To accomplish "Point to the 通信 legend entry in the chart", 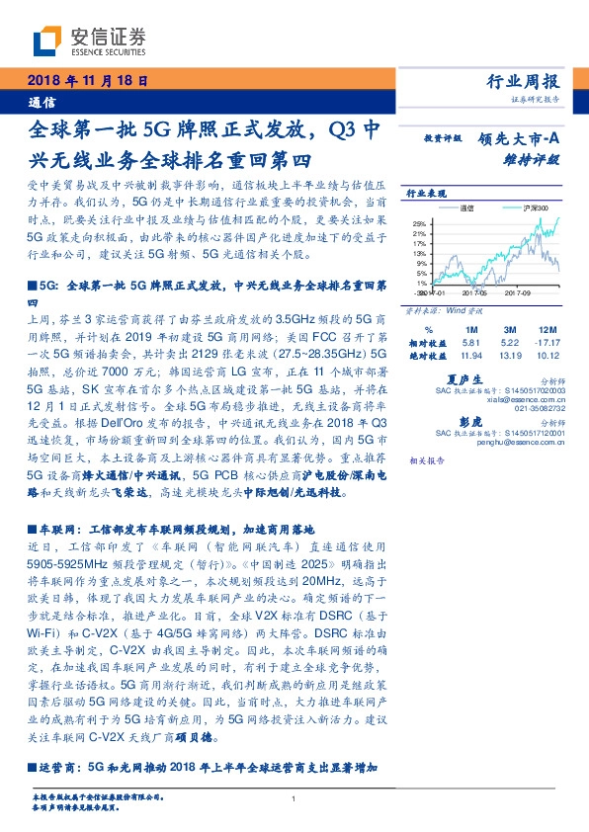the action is pyautogui.click(x=467, y=208).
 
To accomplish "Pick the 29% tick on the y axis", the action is pyautogui.click(x=421, y=223).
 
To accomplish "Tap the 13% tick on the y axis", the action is pyautogui.click(x=421, y=254).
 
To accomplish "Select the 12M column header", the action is pyautogui.click(x=545, y=329).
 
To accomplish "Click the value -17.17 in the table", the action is pyautogui.click(x=545, y=342).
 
